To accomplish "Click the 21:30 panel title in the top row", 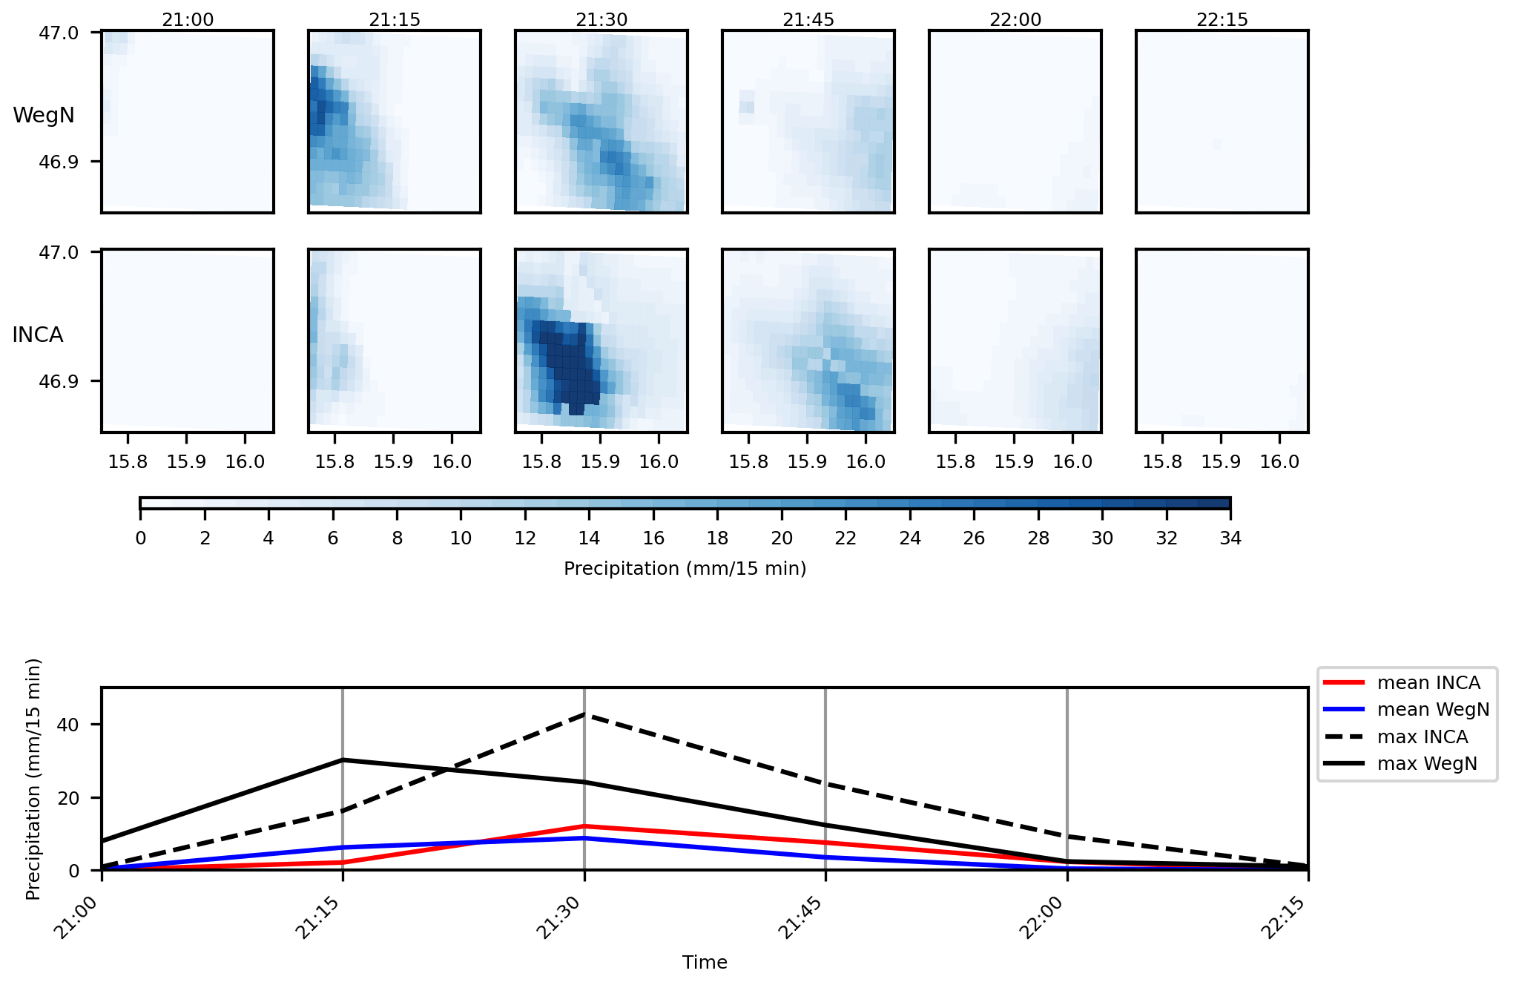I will (601, 19).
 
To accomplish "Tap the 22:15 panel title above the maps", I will (1222, 19).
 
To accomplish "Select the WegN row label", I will (44, 116).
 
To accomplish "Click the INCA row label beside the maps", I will (38, 335).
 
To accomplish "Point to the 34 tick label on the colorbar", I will (1230, 538).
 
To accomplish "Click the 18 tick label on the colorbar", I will (717, 538).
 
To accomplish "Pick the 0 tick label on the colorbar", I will (141, 538).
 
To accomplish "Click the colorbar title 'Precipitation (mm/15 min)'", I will (685, 569).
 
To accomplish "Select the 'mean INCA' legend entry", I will (1428, 683).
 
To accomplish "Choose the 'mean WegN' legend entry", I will (1432, 710).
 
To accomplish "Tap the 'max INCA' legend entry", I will (1422, 737).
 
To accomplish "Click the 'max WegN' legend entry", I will (1426, 764).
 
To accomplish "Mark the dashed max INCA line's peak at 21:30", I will (584, 714).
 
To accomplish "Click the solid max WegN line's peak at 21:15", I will (343, 760).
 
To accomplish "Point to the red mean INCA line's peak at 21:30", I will (584, 826).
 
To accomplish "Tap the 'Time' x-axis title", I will (705, 963).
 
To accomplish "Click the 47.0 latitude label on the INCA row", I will (59, 253).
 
